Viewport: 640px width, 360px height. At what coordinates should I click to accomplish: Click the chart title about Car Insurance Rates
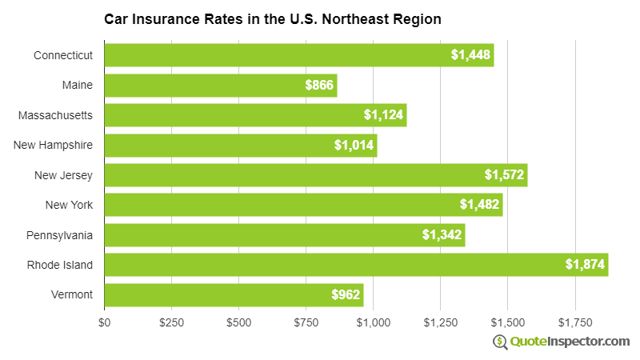coord(272,18)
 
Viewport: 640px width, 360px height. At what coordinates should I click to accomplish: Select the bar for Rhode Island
coord(356,265)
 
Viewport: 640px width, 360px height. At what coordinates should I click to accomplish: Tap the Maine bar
coord(220,85)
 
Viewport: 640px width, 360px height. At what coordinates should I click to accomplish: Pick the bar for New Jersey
coord(315,174)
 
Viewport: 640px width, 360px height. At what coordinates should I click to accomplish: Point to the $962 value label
coord(346,295)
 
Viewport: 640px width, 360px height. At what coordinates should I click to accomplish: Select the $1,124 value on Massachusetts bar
coord(384,115)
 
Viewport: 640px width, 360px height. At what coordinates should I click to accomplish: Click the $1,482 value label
coord(480,205)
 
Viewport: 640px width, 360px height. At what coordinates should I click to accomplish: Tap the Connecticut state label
coord(63,55)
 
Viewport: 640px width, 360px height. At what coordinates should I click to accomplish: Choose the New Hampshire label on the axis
coord(54,145)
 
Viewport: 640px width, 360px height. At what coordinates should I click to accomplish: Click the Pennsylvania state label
coord(59,235)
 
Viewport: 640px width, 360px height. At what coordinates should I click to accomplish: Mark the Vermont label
coord(72,295)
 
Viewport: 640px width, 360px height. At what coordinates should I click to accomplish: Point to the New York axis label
coord(70,205)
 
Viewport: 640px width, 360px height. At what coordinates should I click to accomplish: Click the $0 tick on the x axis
coord(105,322)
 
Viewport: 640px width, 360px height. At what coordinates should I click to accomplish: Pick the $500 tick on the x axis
coord(238,322)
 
